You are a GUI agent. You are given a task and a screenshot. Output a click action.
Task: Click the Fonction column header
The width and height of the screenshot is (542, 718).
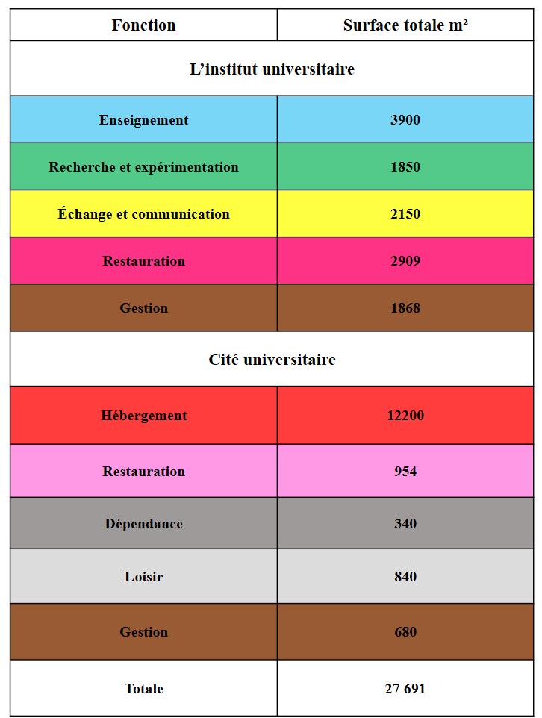[x=144, y=25]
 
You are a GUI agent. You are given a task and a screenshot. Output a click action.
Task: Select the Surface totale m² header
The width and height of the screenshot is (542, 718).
[x=405, y=25]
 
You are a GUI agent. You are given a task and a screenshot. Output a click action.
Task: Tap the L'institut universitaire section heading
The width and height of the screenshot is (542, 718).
[x=272, y=69]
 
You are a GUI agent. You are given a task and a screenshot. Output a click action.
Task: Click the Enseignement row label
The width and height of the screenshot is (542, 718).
[x=144, y=120]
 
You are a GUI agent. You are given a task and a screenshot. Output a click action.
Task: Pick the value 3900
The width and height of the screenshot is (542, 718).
[x=405, y=120]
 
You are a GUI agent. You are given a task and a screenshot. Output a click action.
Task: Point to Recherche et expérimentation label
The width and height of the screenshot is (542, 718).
[x=144, y=167]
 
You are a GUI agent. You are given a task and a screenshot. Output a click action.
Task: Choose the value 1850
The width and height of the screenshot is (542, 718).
[x=405, y=167]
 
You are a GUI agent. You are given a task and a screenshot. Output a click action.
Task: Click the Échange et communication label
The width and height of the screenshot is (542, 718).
[x=144, y=214]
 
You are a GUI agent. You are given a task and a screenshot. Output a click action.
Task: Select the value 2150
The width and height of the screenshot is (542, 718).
[x=405, y=214]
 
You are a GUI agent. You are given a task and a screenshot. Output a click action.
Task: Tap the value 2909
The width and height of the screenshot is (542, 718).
[x=405, y=261]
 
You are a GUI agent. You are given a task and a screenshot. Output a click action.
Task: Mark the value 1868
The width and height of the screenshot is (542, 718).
[x=405, y=308]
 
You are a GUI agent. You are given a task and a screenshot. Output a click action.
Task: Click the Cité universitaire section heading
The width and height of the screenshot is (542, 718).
[x=272, y=360]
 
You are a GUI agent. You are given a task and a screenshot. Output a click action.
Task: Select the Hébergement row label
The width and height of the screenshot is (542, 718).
[x=144, y=416]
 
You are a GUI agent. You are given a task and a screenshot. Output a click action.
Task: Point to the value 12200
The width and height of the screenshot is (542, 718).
[x=405, y=416]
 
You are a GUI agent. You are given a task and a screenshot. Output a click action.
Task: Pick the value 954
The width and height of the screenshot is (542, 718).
[x=405, y=472]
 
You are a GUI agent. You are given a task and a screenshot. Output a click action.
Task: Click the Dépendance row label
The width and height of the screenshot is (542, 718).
[x=144, y=524]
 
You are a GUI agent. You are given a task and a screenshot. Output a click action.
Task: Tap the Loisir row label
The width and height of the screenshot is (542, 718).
[x=144, y=577]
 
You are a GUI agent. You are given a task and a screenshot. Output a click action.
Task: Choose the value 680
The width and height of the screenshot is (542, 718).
[x=405, y=632]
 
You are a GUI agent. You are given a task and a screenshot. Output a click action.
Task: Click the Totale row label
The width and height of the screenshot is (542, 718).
[x=144, y=689]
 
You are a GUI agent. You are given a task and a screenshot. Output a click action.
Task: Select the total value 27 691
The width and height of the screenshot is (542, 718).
[x=405, y=689]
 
